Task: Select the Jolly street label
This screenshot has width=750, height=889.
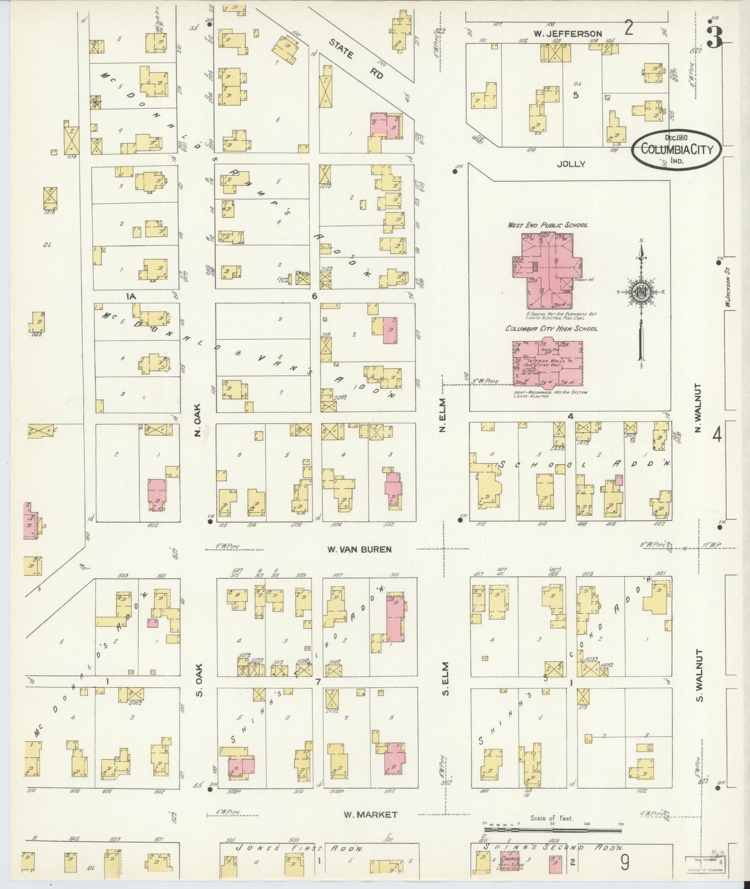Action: pos(571,163)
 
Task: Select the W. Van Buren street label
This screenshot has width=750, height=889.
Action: pos(359,548)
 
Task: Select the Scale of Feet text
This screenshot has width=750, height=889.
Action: pos(551,818)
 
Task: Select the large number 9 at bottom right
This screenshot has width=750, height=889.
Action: pos(625,862)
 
